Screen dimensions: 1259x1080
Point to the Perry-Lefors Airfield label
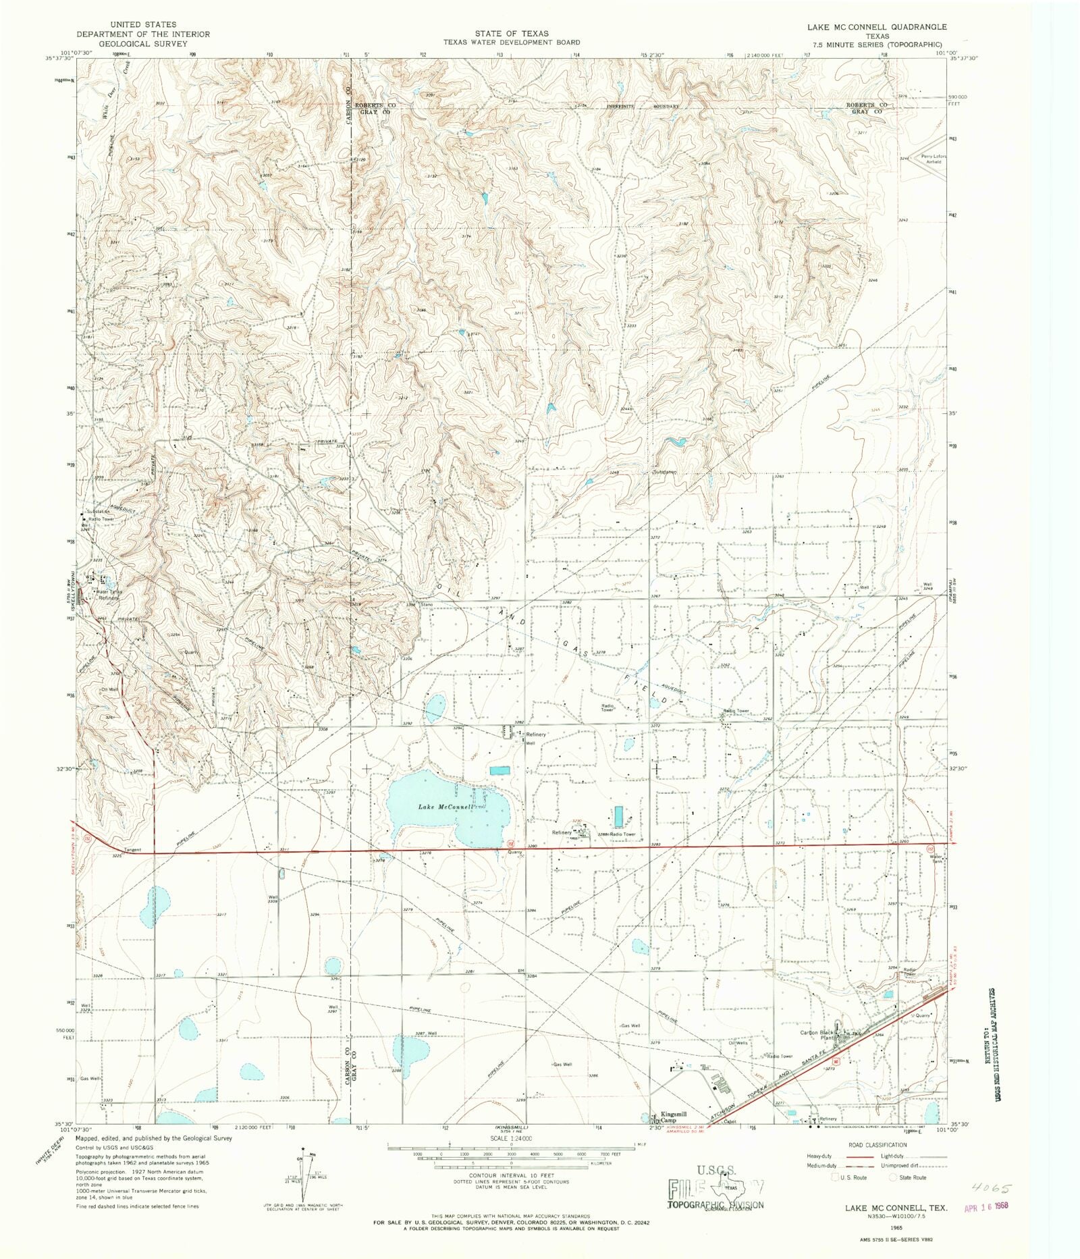(934, 159)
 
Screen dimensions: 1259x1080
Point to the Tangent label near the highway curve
(133, 850)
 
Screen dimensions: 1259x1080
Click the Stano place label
(427, 605)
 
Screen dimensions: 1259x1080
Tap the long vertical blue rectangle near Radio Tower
(619, 817)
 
